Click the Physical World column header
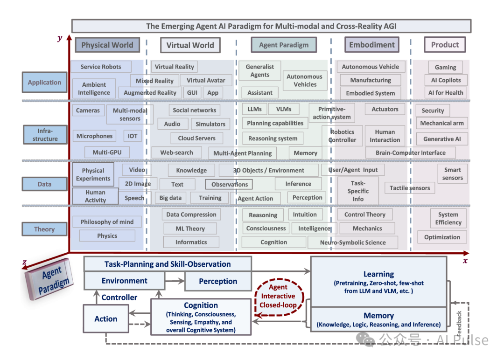107,45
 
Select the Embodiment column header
372,45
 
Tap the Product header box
445,45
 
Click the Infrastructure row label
45,135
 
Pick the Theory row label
44,229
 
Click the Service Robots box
101,67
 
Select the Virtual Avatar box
206,80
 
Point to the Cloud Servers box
196,138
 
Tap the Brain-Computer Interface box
411,152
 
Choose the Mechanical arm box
442,123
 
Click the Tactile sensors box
410,188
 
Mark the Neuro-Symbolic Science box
353,242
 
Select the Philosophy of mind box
107,222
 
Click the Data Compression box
191,215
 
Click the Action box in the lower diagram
106,319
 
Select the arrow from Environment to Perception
175,281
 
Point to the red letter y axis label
60,38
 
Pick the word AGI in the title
387,26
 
